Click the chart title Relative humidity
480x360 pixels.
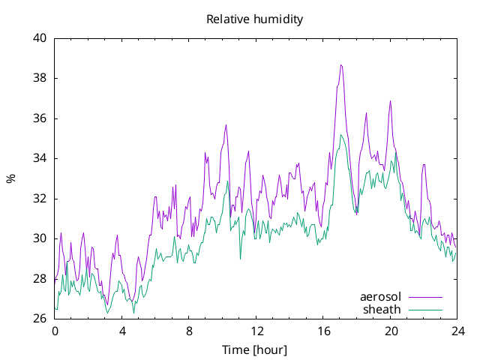click(x=255, y=19)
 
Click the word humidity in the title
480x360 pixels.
click(x=278, y=19)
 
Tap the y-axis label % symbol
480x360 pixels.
click(x=11, y=178)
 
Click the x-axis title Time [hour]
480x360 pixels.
click(x=255, y=349)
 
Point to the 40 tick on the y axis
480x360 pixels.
click(x=40, y=38)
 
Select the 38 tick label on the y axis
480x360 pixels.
click(x=40, y=78)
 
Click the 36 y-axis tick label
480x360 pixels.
click(x=40, y=118)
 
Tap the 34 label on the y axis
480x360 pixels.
click(x=40, y=158)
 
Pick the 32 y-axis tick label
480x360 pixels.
click(x=40, y=199)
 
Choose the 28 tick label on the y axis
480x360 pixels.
click(x=40, y=279)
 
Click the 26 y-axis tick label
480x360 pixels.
click(x=40, y=319)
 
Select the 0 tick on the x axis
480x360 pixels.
click(x=55, y=331)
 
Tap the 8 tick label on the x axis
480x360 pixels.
click(x=189, y=331)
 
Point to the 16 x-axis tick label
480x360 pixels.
click(x=323, y=331)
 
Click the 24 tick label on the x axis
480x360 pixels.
click(x=458, y=331)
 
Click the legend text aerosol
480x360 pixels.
click(x=380, y=297)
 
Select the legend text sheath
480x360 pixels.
click(x=382, y=310)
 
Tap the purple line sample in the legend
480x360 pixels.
click(x=425, y=297)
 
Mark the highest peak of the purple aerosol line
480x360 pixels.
click(x=341, y=65)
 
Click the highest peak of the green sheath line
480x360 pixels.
click(x=340, y=135)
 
